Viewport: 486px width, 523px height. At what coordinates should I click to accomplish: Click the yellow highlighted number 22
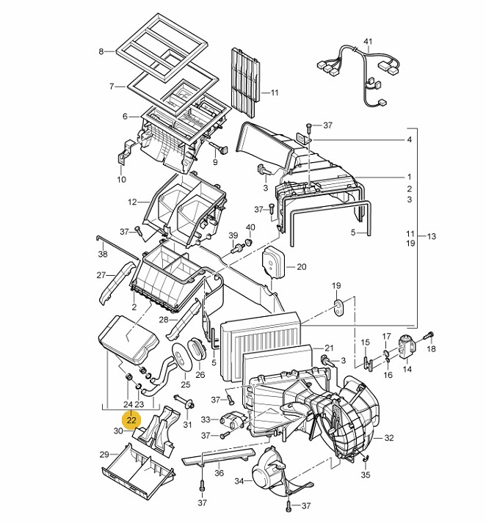click(131, 420)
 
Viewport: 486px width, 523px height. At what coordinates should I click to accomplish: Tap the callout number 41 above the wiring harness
click(368, 42)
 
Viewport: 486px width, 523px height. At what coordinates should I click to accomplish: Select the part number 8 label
click(101, 51)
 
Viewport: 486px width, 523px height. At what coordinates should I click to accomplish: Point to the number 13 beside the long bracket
click(431, 236)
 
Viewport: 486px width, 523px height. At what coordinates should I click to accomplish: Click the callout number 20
click(301, 267)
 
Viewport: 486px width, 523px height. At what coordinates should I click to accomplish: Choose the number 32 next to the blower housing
click(389, 438)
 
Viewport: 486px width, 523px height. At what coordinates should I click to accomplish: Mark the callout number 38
click(103, 254)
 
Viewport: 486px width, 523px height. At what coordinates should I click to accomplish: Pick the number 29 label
click(104, 455)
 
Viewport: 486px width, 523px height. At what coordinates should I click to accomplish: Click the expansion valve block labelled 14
click(407, 346)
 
